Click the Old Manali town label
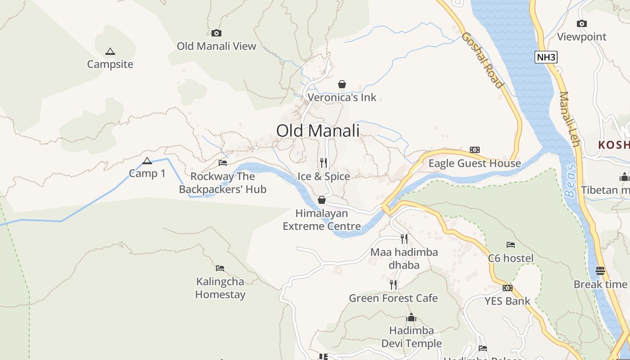point(318,131)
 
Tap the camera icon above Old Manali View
point(216,33)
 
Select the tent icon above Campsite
point(110,51)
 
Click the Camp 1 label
point(147,173)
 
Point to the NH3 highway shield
point(546,57)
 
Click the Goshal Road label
point(482,60)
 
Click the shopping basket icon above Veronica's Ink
point(342,84)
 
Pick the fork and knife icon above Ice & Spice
point(324,162)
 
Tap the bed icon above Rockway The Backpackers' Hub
point(223,163)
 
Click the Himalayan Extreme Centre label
point(322,220)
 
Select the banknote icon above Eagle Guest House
point(475,150)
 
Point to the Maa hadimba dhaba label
point(404,258)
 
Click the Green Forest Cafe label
point(393,298)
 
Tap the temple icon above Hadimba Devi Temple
point(411,318)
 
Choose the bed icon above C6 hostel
point(511,245)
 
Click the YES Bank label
point(507,301)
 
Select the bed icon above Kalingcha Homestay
point(220,268)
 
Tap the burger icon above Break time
point(600,270)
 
